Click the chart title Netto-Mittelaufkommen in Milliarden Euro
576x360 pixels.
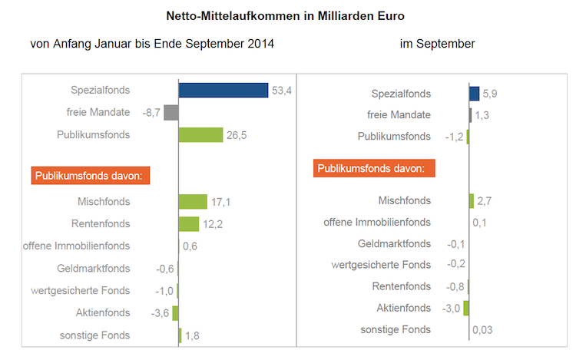286,15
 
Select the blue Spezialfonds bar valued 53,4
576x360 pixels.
223,91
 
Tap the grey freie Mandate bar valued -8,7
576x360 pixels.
171,113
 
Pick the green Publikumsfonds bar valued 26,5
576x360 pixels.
201,135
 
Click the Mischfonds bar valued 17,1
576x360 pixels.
193,202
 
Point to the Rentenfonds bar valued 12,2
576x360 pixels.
189,224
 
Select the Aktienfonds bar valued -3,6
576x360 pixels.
176,313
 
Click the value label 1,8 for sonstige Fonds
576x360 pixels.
193,335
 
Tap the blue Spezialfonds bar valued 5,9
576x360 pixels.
475,94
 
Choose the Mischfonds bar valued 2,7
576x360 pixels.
472,201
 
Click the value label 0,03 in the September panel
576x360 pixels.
483,330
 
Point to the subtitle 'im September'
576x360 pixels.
437,44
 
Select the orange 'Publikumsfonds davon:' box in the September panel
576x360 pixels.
374,168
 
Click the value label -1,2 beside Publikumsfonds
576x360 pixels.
455,137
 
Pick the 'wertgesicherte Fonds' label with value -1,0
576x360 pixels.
81,291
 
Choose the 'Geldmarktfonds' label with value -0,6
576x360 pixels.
94,269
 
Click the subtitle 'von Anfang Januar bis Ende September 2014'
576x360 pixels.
152,44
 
